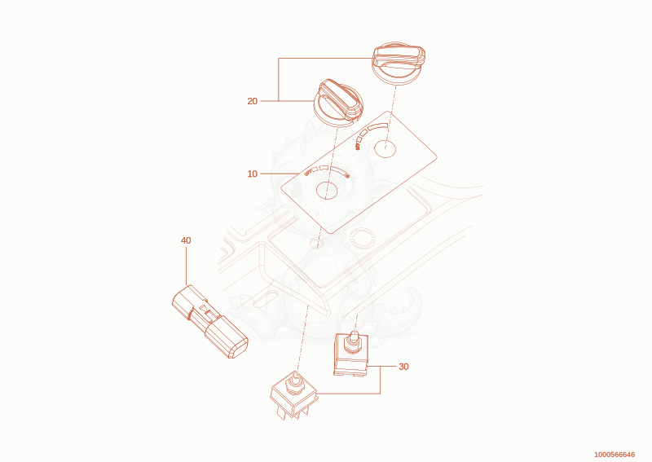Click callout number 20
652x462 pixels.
click(253, 101)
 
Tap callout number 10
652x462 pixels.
click(253, 174)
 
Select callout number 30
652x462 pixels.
click(403, 367)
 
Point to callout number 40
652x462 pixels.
click(186, 240)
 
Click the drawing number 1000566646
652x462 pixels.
click(615, 455)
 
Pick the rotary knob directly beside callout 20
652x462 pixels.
click(338, 101)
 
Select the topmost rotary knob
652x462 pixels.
click(399, 64)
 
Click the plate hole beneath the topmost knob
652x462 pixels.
click(385, 149)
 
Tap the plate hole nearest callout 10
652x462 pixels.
click(327, 191)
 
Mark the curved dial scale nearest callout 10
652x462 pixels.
click(328, 169)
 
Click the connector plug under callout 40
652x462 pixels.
click(210, 322)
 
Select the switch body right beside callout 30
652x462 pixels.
click(351, 354)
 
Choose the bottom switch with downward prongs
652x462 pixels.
click(294, 395)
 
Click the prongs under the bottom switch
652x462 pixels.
click(293, 411)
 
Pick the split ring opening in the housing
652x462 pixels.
click(362, 237)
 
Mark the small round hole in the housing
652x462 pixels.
click(317, 244)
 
